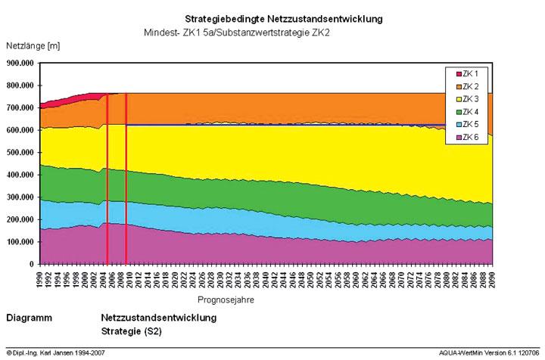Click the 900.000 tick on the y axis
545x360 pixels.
pyautogui.click(x=20, y=64)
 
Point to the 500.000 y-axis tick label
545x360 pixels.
pyautogui.click(x=20, y=153)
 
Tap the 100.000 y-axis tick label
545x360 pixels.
pyautogui.click(x=20, y=242)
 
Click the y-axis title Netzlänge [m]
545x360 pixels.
pyautogui.click(x=33, y=46)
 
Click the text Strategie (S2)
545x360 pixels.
pyautogui.click(x=131, y=331)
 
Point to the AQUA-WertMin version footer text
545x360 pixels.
pyautogui.click(x=491, y=353)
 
